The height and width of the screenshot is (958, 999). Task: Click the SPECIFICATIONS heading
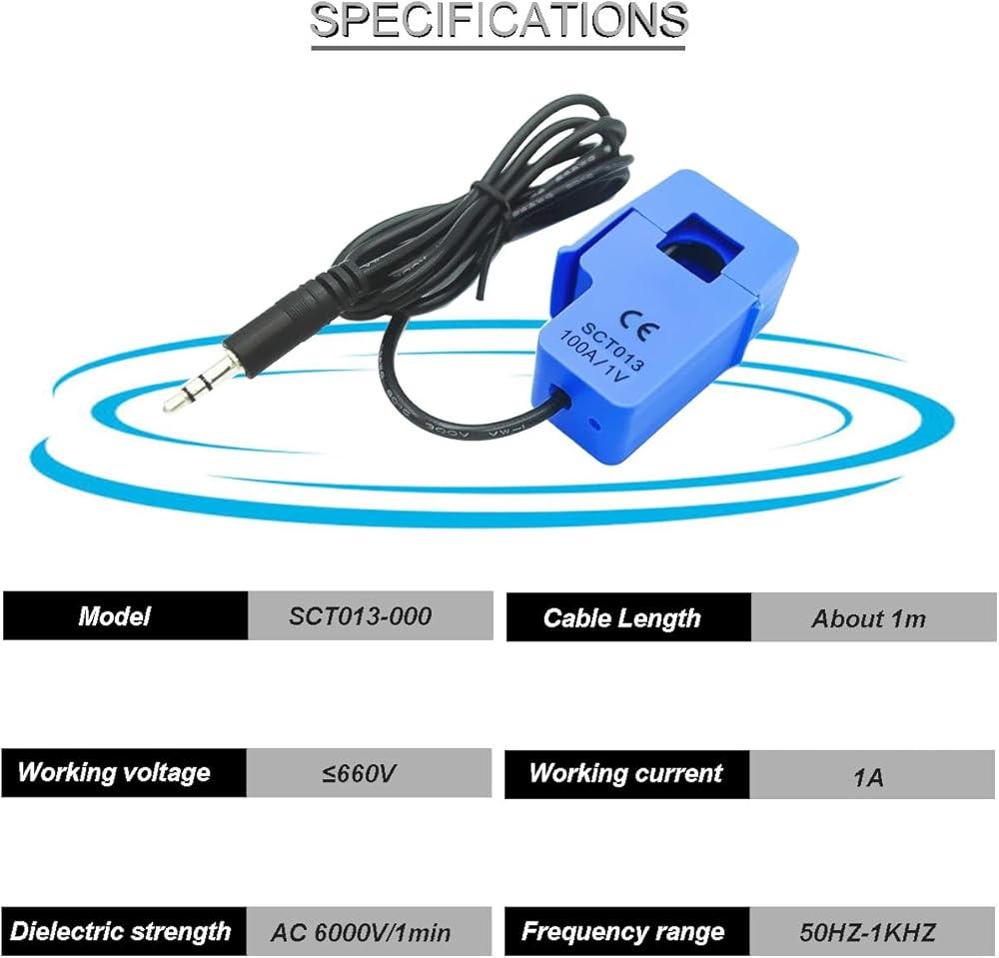(x=499, y=20)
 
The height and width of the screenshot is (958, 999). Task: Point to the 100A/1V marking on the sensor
(x=594, y=358)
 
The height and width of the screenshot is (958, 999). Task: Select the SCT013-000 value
(x=360, y=616)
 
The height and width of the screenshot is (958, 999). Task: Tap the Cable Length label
(x=621, y=618)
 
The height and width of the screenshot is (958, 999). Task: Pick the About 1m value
(x=868, y=618)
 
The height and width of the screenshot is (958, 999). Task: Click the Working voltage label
(x=114, y=772)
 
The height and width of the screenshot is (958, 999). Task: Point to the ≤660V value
(x=358, y=773)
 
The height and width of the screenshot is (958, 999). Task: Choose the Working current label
(x=625, y=773)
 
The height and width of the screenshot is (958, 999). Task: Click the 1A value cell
(x=873, y=774)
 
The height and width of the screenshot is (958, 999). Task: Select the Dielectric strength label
(x=120, y=931)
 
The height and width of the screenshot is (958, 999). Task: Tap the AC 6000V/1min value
(x=361, y=933)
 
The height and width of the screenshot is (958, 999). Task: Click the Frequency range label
(x=622, y=932)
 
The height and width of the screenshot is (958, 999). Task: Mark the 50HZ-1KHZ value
(x=868, y=933)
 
